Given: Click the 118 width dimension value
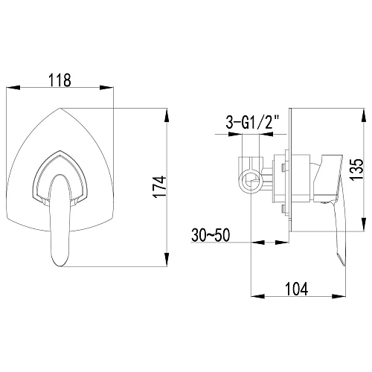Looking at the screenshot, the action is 60,80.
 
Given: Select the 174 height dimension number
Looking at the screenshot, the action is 159,187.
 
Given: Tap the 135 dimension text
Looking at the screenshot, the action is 357,170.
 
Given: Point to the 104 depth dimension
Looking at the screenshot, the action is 297,289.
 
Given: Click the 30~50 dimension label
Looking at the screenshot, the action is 211,235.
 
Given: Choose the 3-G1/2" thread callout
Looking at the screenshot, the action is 252,123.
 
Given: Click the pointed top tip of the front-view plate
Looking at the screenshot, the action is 60,109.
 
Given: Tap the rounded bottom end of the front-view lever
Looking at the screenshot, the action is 60,265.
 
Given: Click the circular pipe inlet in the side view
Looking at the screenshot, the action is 251,181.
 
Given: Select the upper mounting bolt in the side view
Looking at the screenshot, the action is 283,168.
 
